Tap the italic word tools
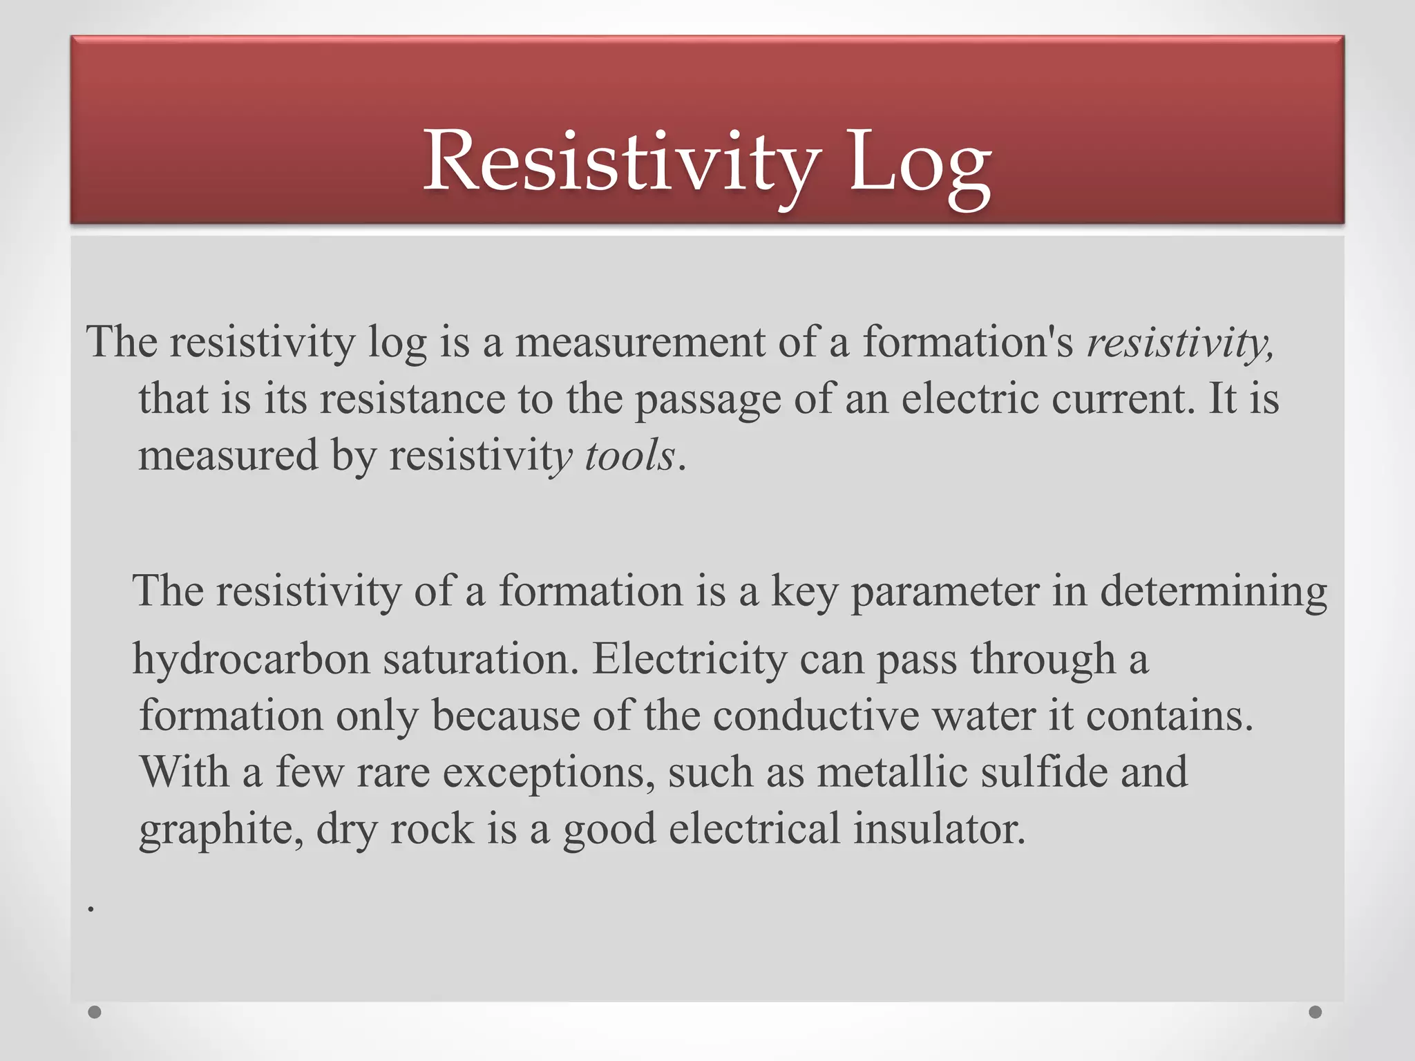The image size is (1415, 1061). (x=629, y=457)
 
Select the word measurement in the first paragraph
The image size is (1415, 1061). (x=640, y=343)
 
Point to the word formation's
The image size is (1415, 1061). (x=967, y=343)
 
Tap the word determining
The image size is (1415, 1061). (x=1213, y=592)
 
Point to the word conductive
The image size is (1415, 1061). (x=815, y=716)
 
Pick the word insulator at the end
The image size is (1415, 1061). (x=939, y=829)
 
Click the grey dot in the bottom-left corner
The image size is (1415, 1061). (x=95, y=1012)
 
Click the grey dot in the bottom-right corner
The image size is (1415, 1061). (x=1316, y=1012)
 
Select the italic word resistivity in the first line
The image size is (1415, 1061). (x=1178, y=343)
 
